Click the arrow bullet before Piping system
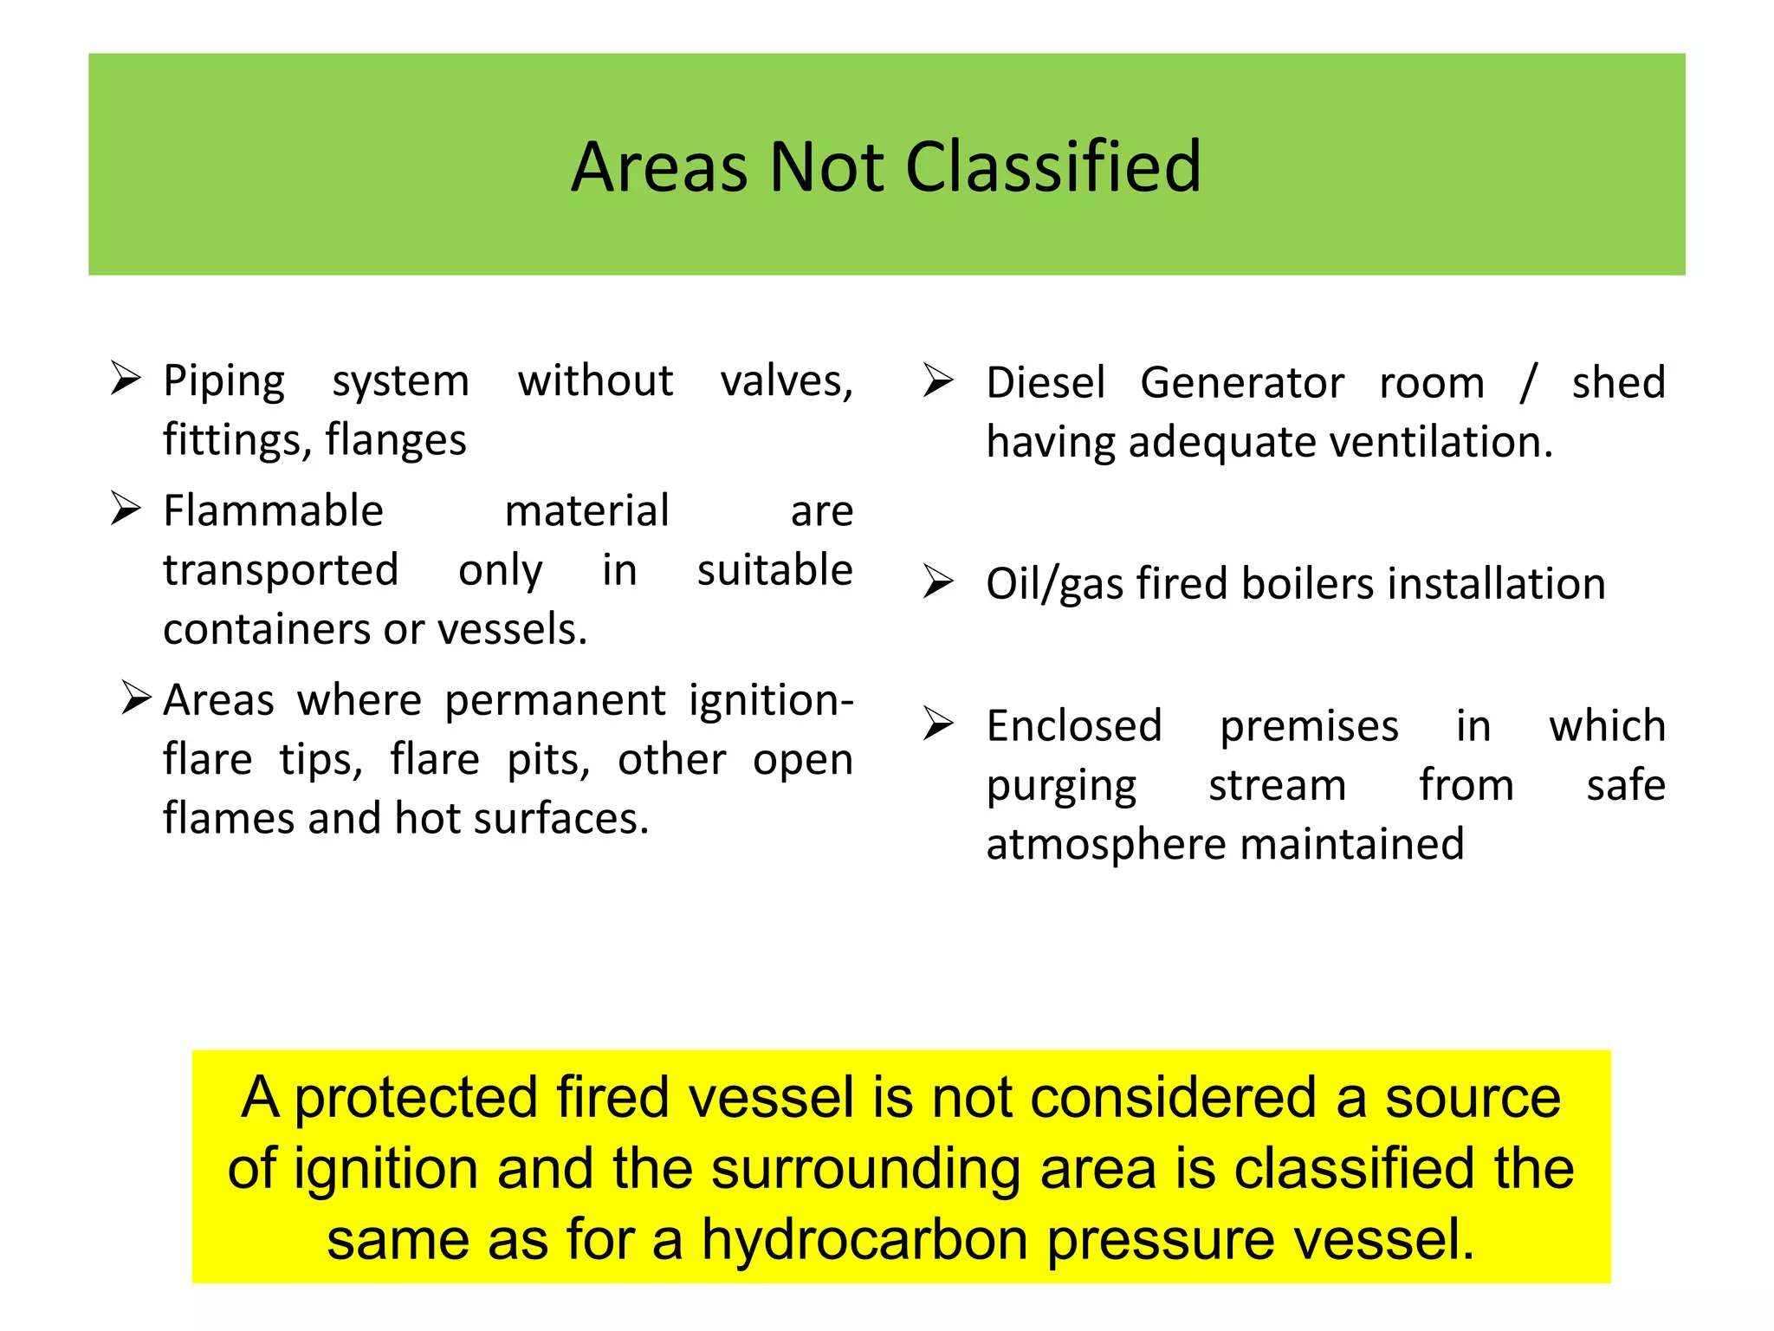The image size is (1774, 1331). tap(126, 380)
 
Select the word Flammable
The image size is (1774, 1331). tap(273, 510)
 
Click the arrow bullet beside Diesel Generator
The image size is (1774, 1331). tap(938, 380)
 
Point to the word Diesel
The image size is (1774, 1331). tap(1046, 383)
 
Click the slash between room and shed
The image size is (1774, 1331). tap(1528, 383)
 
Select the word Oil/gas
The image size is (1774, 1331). tap(1054, 584)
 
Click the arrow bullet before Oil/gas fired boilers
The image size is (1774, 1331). tap(938, 581)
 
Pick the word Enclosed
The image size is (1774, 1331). tap(1074, 726)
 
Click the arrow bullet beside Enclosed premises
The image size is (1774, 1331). tap(938, 724)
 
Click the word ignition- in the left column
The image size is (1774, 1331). tap(771, 700)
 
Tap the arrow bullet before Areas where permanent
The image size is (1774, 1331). tap(137, 697)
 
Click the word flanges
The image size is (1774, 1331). tap(396, 440)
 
